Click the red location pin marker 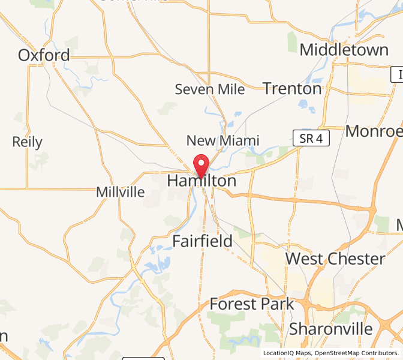[200, 164]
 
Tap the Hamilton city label [201, 181]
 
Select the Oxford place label [44, 55]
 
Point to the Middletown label [344, 50]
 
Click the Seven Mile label [210, 89]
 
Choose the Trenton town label [293, 89]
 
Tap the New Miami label [222, 141]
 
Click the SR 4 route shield [312, 139]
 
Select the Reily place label [28, 142]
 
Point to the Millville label [121, 193]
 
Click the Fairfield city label [202, 241]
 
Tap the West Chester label [335, 259]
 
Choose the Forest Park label [252, 304]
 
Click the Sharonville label [332, 329]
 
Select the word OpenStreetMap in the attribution [342, 353]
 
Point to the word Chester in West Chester [357, 259]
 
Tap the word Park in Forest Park [275, 304]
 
